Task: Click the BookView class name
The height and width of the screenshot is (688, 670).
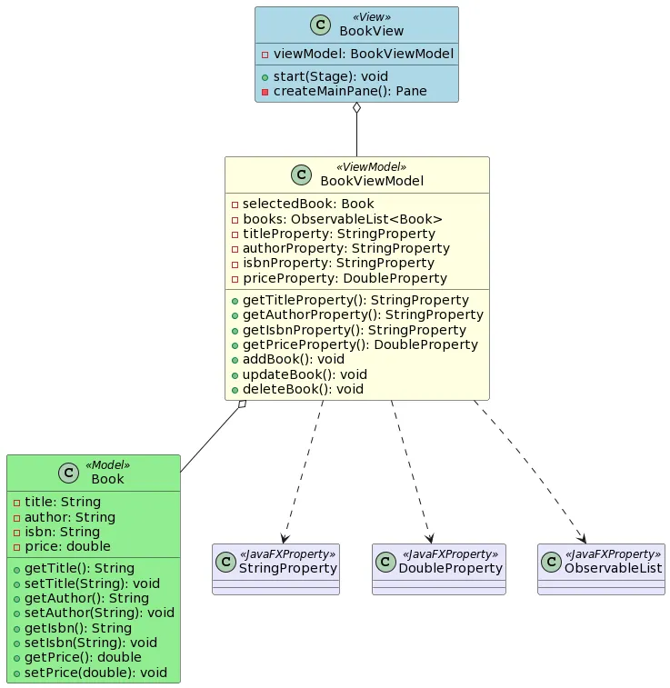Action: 371,31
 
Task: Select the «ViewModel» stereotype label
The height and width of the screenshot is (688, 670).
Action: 371,167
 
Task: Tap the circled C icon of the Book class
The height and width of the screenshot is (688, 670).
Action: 68,473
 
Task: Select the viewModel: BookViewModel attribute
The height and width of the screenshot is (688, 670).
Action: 356,54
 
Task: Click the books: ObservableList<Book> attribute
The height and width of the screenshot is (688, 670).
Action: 342,219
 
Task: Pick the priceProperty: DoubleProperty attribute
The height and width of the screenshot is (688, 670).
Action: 345,278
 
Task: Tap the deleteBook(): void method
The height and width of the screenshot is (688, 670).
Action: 303,389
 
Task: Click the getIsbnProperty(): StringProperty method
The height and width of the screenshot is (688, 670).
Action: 354,330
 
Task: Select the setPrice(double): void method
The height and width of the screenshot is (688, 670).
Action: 95,673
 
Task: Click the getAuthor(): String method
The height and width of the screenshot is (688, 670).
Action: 86,598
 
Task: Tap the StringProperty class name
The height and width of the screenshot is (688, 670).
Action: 287,568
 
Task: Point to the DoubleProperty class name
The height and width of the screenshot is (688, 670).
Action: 450,568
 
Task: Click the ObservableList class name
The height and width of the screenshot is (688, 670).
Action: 613,568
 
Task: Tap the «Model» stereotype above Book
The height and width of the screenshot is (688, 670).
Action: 107,465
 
